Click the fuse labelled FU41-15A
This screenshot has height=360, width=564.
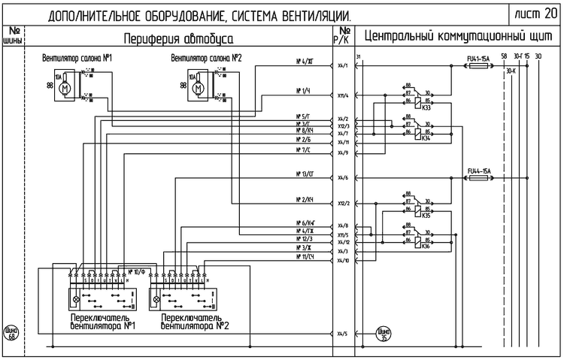tap(479, 66)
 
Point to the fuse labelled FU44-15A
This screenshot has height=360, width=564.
tap(479, 177)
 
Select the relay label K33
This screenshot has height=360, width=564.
tap(426, 107)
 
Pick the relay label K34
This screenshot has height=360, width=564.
tap(426, 138)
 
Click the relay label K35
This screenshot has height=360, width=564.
tap(426, 215)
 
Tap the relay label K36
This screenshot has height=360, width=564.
tap(426, 246)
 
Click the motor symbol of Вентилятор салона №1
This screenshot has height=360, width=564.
tap(65, 88)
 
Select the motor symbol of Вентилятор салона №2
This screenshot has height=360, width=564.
tap(199, 88)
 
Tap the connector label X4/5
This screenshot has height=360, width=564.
tap(343, 333)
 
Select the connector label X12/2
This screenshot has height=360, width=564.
tap(344, 203)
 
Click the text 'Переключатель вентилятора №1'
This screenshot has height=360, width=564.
tap(103, 322)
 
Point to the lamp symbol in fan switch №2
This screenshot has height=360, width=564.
tap(157, 298)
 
